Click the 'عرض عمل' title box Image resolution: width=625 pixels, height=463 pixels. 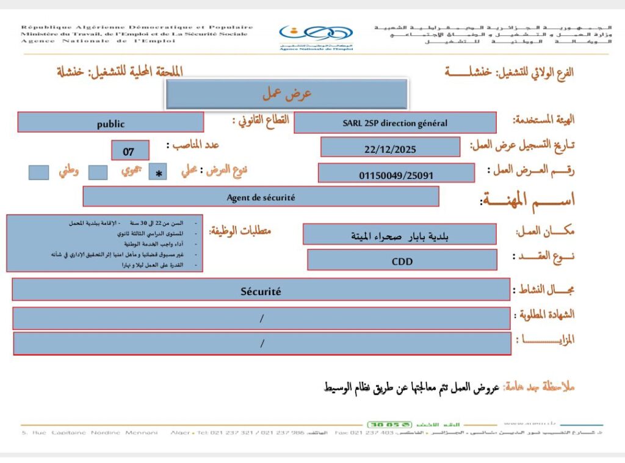tap(286, 94)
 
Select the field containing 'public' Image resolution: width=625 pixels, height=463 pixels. tap(110, 123)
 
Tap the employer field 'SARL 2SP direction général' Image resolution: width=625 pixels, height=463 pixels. tap(394, 123)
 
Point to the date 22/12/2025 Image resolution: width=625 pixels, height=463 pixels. tap(389, 148)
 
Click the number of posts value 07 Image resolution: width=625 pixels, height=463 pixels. tap(130, 151)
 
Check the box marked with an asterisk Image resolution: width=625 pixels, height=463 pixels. tap(159, 173)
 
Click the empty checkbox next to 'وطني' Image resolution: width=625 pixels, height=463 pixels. tap(38, 172)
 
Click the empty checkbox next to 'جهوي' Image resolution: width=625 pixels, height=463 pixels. tap(98, 172)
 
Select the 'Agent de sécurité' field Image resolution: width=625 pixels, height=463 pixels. tap(261, 197)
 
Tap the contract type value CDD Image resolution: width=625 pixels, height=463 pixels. tap(402, 261)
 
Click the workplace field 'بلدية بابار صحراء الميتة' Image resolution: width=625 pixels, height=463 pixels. tap(399, 235)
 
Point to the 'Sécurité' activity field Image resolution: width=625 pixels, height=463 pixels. tap(261, 291)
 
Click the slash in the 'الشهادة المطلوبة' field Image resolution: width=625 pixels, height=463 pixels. tap(262, 318)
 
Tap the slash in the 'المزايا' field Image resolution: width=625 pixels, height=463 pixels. tap(262, 343)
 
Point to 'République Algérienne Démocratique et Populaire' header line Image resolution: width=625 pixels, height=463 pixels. tap(137, 27)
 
